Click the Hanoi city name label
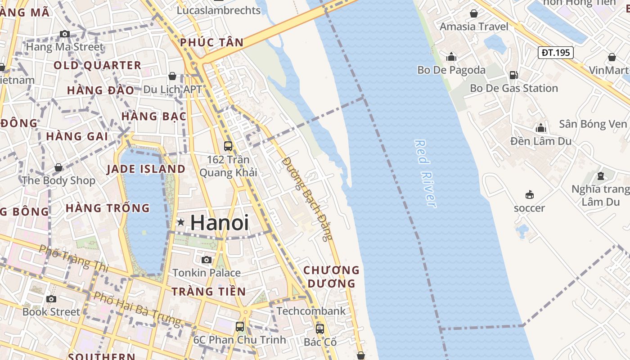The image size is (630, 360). [x=219, y=223]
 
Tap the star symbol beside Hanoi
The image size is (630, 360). [x=181, y=222]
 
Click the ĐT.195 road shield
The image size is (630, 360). [x=555, y=53]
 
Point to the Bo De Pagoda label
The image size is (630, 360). [x=451, y=70]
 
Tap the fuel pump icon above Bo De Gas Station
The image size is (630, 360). [x=513, y=75]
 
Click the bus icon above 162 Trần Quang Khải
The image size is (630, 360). [x=228, y=146]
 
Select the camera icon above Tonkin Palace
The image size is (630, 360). [x=207, y=260]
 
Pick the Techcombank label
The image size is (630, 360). [x=311, y=311]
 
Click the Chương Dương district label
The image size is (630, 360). [x=332, y=277]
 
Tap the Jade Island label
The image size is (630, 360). [x=146, y=169]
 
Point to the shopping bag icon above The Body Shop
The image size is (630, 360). [x=58, y=168]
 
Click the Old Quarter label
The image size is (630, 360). [x=98, y=66]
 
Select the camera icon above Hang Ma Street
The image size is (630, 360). [x=65, y=34]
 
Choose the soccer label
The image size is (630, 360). [x=529, y=208]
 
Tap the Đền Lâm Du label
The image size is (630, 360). [x=541, y=141]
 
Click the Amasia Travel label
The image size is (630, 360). [x=474, y=27]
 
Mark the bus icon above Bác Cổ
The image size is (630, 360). [x=320, y=329]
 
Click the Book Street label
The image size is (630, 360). [x=51, y=312]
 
